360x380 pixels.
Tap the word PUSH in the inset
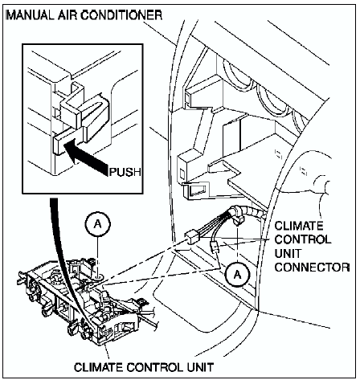tap(125, 172)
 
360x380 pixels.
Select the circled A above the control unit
tap(98, 225)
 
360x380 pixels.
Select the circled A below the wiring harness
tap(237, 275)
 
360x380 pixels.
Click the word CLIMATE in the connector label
tap(299, 226)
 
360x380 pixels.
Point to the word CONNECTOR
tap(312, 267)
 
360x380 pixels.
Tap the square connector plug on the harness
tap(192, 237)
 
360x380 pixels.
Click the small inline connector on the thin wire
tap(215, 247)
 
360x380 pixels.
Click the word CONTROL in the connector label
tap(303, 239)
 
